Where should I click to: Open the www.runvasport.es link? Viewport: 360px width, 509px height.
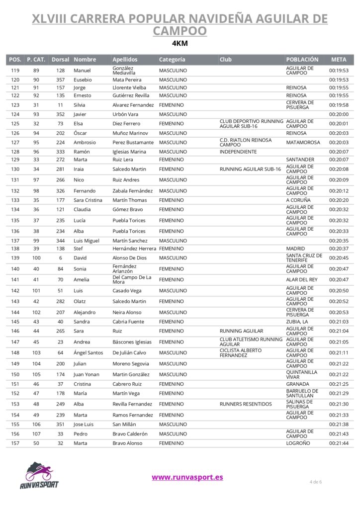(187, 477)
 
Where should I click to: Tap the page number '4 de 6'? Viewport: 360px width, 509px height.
(315, 482)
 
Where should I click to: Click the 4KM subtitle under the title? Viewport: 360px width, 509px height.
(180, 43)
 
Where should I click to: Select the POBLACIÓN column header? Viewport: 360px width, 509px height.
(302, 60)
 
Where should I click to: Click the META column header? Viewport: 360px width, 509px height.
(339, 60)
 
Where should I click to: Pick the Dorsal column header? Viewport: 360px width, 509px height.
(60, 60)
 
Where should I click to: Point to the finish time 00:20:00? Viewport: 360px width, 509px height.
(339, 114)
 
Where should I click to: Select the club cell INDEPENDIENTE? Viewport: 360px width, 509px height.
(238, 152)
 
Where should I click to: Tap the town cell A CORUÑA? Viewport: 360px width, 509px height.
(298, 200)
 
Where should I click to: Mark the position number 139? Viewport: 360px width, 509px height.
(15, 258)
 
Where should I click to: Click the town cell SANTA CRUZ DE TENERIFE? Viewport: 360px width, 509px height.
(304, 258)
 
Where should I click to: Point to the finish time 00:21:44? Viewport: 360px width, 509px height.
(339, 443)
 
